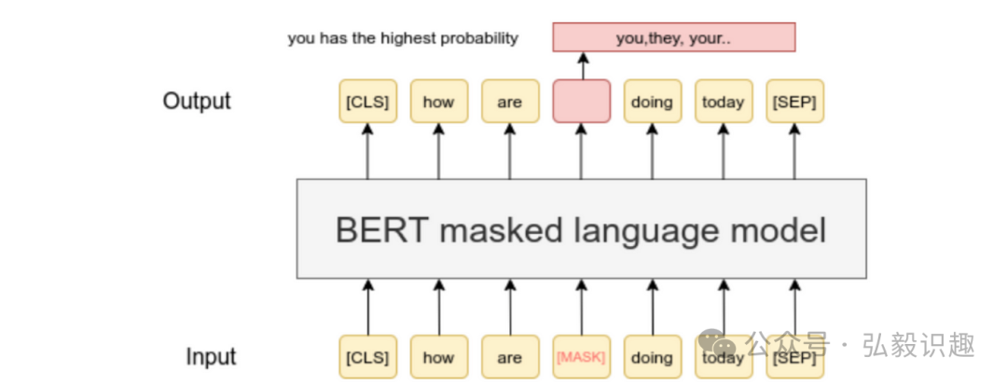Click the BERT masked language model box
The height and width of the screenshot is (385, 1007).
pyautogui.click(x=581, y=228)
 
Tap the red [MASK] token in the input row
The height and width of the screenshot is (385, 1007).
pyautogui.click(x=581, y=357)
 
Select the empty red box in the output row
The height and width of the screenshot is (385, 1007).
pyautogui.click(x=581, y=101)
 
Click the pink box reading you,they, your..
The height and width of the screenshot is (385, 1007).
pyautogui.click(x=674, y=37)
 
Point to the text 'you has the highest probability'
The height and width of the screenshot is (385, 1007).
pyautogui.click(x=403, y=38)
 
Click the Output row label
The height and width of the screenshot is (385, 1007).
pyautogui.click(x=197, y=101)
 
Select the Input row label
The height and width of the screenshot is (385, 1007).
pyautogui.click(x=211, y=357)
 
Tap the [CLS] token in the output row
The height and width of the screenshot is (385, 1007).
pyautogui.click(x=366, y=101)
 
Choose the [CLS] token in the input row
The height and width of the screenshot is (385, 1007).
pyautogui.click(x=366, y=357)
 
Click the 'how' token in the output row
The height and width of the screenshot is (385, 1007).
pyautogui.click(x=438, y=101)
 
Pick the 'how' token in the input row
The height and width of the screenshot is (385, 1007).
pyautogui.click(x=438, y=357)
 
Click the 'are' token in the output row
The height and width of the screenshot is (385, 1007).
pyautogui.click(x=509, y=101)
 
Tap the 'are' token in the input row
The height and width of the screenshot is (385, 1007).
pyautogui.click(x=509, y=357)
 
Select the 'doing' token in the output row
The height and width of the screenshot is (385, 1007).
pyautogui.click(x=652, y=101)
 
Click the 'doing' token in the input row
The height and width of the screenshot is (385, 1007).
pyautogui.click(x=652, y=357)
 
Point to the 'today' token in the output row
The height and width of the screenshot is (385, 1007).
pyautogui.click(x=724, y=101)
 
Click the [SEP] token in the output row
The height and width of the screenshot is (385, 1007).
pyautogui.click(x=794, y=101)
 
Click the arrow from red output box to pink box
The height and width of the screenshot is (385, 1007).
pyautogui.click(x=583, y=65)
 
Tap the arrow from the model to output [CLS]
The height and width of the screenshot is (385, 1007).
pyautogui.click(x=366, y=151)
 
